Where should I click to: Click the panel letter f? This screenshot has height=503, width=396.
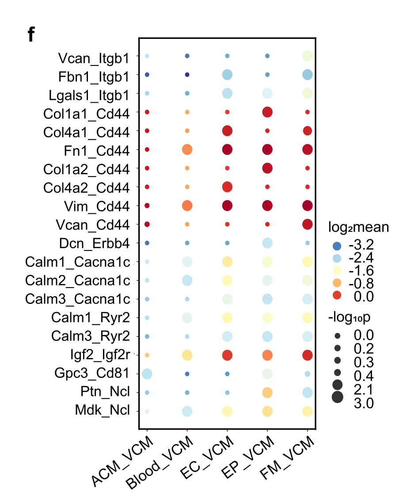click(x=30, y=35)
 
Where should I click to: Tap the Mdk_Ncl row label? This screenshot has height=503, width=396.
click(x=102, y=411)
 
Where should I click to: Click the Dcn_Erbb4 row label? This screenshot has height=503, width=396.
click(x=94, y=243)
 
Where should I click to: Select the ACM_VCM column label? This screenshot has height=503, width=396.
click(x=123, y=462)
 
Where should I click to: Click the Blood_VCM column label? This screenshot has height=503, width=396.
click(x=161, y=463)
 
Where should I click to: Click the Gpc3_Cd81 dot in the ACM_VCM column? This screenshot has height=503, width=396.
click(x=147, y=374)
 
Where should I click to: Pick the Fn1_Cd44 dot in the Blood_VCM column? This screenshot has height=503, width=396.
click(x=187, y=150)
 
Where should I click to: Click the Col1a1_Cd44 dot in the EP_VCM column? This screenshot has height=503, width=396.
click(x=267, y=112)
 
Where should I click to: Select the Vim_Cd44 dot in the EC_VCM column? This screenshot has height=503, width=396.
click(x=227, y=206)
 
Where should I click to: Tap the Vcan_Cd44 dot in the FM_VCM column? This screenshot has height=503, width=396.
click(x=307, y=224)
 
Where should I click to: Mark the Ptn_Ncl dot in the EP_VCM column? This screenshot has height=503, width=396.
click(x=267, y=392)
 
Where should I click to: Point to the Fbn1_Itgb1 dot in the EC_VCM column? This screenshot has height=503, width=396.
click(x=227, y=75)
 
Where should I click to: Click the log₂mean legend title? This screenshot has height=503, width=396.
click(x=358, y=228)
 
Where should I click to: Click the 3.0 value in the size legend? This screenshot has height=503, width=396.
click(x=364, y=403)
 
